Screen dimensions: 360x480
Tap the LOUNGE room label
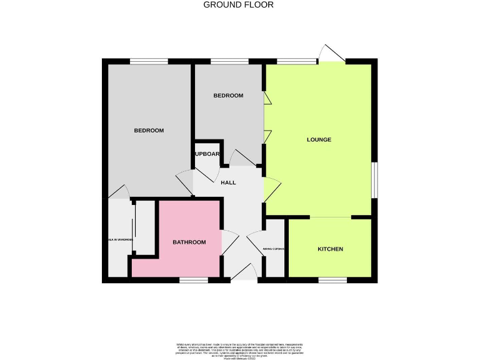(x=319, y=139)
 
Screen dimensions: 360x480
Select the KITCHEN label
(x=331, y=249)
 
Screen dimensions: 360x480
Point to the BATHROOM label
(x=189, y=242)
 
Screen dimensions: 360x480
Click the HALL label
(x=228, y=182)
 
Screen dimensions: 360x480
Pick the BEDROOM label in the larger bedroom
(x=149, y=131)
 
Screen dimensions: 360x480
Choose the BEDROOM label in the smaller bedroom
(x=228, y=96)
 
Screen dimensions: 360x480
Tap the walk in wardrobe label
(x=119, y=240)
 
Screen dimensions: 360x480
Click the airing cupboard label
(x=274, y=249)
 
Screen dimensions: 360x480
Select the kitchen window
(x=332, y=281)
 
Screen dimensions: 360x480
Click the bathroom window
(x=194, y=281)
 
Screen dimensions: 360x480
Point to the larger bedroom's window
(x=149, y=61)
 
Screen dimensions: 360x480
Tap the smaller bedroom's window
(x=229, y=61)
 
